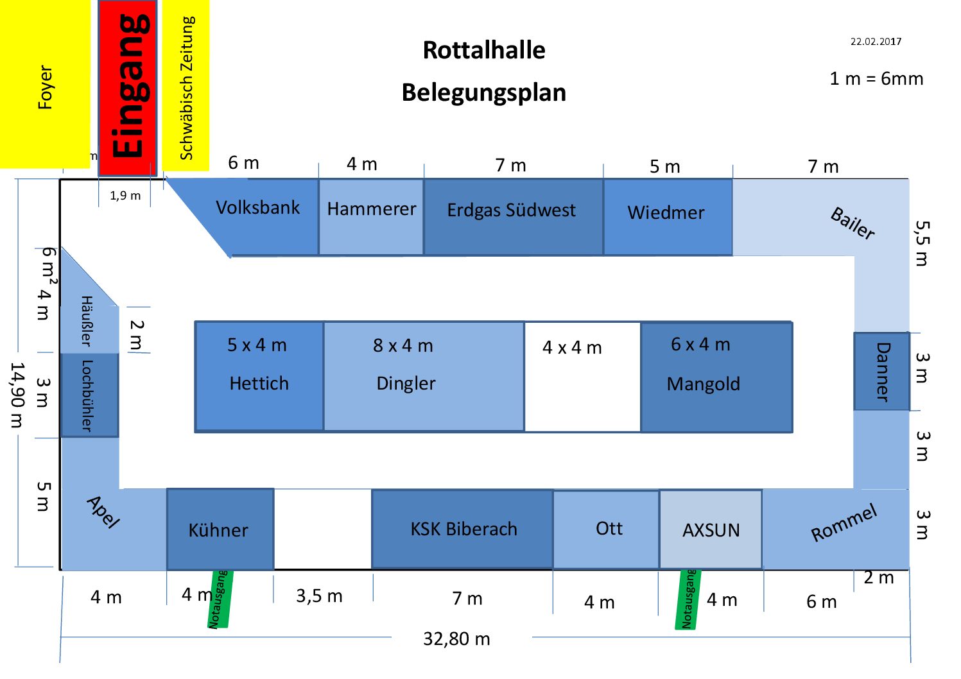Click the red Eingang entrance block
[x=127, y=88]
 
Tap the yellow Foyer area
[x=45, y=84]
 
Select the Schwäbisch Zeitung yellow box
[x=186, y=85]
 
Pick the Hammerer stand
[x=371, y=217]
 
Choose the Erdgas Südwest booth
[x=514, y=217]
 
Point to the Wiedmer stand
[x=668, y=217]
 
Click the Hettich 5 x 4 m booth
[x=259, y=376]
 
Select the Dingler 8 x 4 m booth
[x=424, y=376]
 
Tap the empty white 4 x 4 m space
[x=583, y=377]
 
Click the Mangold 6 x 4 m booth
[x=716, y=377]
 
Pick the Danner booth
[x=881, y=371]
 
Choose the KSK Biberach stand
[x=462, y=529]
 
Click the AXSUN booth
[x=711, y=529]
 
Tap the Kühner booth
[x=220, y=529]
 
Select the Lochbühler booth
[x=89, y=395]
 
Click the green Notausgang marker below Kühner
[x=220, y=599]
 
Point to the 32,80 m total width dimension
[x=456, y=639]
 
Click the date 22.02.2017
[x=876, y=42]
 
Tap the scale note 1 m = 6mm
[x=876, y=78]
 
